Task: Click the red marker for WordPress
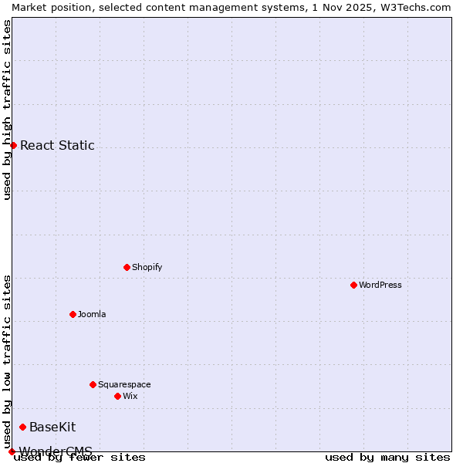353,285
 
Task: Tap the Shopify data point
127,267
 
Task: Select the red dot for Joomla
73,314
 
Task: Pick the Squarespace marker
93,384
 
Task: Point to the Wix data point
117,396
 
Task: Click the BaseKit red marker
22,427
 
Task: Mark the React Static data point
13,145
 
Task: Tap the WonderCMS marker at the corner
12,451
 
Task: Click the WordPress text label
380,285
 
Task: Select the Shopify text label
147,267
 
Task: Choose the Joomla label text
92,314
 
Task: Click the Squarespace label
124,384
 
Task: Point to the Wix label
130,396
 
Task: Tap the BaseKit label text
52,427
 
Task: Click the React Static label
57,145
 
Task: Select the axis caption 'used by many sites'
387,458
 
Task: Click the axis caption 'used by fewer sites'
79,458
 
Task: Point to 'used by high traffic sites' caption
7,110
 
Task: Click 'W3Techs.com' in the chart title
420,7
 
